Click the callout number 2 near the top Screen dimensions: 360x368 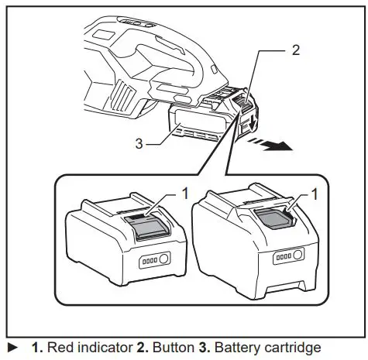coord(296,52)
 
